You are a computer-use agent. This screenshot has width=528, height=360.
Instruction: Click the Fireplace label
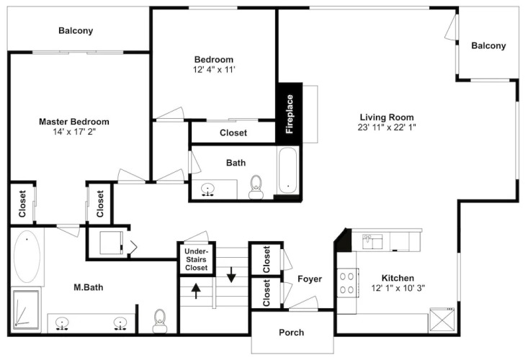(290, 114)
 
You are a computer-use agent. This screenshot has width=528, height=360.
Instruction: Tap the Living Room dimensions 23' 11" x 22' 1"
(387, 127)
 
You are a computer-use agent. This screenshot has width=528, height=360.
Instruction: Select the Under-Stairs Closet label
(197, 259)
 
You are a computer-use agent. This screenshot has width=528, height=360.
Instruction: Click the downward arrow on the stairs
(231, 274)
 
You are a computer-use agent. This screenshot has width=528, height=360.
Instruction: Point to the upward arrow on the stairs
(196, 291)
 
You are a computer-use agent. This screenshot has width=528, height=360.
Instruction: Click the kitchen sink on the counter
(372, 241)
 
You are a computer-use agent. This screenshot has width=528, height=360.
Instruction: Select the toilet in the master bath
(160, 321)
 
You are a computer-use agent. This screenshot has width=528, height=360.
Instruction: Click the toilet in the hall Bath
(256, 187)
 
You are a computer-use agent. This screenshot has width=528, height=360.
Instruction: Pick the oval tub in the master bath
(27, 256)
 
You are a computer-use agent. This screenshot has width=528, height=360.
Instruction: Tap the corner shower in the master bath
(26, 310)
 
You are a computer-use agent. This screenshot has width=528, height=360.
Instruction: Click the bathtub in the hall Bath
(288, 171)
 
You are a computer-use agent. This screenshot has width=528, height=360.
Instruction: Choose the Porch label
(291, 333)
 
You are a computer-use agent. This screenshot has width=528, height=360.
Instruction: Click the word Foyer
(310, 279)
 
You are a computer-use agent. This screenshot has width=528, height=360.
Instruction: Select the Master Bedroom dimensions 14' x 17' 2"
(74, 132)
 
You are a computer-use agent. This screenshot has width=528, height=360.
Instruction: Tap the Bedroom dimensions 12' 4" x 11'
(214, 70)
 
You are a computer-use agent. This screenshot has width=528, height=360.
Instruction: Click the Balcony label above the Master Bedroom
(76, 31)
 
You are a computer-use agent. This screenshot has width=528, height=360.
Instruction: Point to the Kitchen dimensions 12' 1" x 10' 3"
(398, 288)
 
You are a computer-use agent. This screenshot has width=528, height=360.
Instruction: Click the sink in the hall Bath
(208, 190)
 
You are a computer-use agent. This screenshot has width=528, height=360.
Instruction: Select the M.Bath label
(88, 287)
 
